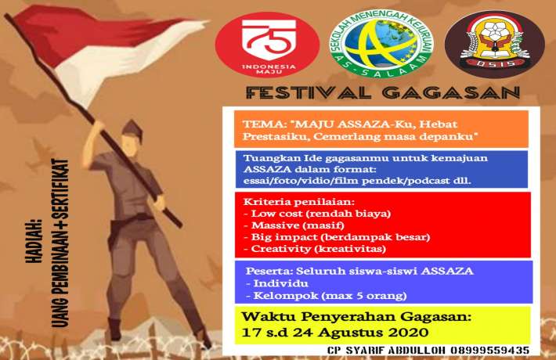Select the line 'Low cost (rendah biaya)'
tap(299, 214)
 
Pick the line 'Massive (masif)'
tap(280, 225)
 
